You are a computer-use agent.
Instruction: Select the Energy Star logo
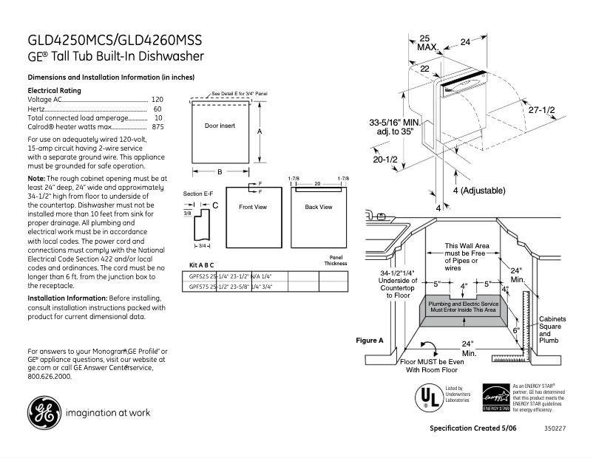point(495,397)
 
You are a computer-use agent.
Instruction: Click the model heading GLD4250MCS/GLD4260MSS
point(115,40)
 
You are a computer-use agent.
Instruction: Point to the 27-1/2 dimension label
point(541,109)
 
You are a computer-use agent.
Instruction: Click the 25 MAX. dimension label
point(427,42)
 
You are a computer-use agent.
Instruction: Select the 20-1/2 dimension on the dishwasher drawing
point(385,159)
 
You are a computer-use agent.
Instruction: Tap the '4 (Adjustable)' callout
point(478,191)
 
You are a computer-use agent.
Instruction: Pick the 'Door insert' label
point(220,126)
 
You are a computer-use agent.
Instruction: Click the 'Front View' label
point(253,207)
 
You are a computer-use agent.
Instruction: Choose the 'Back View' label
point(318,207)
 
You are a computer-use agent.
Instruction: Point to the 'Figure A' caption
point(370,341)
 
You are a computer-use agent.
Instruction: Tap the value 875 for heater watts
point(157,127)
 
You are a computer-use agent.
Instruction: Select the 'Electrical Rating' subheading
point(54,90)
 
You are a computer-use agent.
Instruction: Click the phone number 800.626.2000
point(50,376)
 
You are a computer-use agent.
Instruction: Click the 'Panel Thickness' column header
point(335,260)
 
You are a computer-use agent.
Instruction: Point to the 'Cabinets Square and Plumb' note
point(552,329)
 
